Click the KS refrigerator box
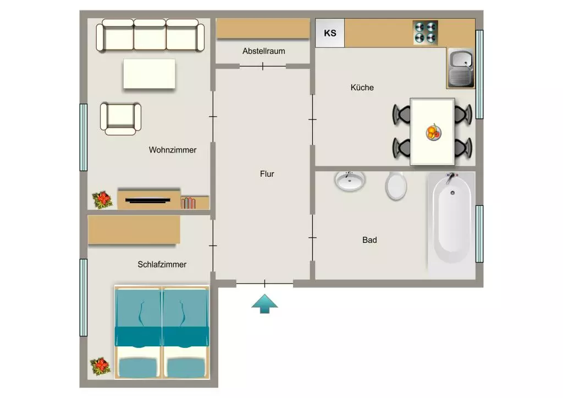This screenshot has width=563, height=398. point(330,33)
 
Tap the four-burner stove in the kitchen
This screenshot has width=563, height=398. point(426,32)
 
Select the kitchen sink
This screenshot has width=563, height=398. point(461,68)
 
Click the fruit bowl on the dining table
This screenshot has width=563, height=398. point(433,132)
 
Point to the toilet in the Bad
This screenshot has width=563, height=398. point(396,186)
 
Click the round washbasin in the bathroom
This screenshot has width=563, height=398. point(350,181)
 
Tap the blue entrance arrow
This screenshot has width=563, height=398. point(264,304)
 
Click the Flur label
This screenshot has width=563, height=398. point(267,174)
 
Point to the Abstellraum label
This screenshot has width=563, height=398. point(264,51)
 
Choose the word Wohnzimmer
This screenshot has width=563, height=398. point(173,150)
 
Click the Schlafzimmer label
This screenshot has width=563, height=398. point(162,264)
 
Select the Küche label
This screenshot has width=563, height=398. point(362,88)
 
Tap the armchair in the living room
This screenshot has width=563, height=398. point(120,118)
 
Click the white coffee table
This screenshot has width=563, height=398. point(150,74)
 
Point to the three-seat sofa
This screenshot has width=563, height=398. point(151,35)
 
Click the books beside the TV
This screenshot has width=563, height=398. point(188,203)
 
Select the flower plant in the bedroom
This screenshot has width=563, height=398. point(101,367)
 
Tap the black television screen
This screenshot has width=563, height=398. point(148,200)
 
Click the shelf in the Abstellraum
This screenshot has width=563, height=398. point(263,29)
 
